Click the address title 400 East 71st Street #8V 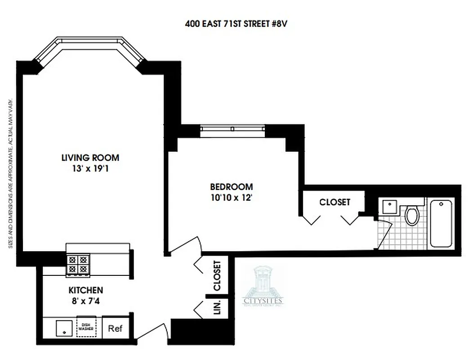click(x=236, y=24)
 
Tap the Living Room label click(x=90, y=157)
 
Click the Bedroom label click(x=232, y=186)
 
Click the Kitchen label click(x=86, y=290)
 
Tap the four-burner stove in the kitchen click(x=78, y=265)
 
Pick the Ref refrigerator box click(x=116, y=328)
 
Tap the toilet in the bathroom click(x=412, y=214)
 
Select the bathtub click(x=441, y=223)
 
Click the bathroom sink click(x=388, y=207)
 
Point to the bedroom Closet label click(x=335, y=202)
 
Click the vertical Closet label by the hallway click(x=217, y=275)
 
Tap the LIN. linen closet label click(x=217, y=307)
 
